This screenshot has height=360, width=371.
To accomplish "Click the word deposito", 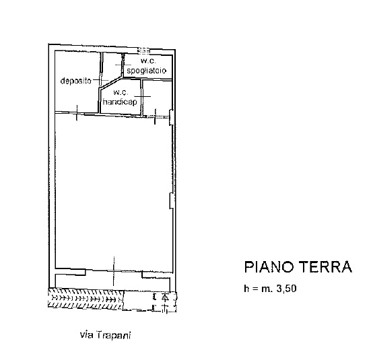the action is tap(75, 81).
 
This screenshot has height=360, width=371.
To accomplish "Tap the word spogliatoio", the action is tap(147, 71).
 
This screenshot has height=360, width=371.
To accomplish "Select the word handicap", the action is tap(120, 102).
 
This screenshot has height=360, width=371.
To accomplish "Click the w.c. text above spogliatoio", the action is tap(148, 61).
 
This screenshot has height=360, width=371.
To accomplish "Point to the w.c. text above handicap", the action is tap(121, 92).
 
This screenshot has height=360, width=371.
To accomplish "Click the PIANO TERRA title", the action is tap(298, 267).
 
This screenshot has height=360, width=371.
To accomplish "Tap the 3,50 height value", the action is tap(286, 289).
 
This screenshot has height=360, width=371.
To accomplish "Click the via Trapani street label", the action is tap(105, 335).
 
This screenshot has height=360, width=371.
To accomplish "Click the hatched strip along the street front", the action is tap(86, 299).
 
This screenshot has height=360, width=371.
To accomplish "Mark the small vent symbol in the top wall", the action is tap(144, 50).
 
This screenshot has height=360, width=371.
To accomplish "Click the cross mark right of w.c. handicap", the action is tap(143, 96).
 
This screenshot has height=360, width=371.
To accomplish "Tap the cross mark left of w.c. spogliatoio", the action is tap(123, 65).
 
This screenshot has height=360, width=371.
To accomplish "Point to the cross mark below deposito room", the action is tap(77, 113).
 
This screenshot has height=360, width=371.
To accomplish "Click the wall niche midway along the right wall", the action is tap(171, 201).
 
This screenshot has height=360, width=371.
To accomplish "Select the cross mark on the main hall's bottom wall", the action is tap(114, 271).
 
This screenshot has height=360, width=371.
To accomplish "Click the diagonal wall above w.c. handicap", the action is tap(110, 83).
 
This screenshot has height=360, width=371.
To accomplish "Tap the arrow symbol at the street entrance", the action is tap(166, 297).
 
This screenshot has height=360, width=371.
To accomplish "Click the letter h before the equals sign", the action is tap(246, 288).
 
